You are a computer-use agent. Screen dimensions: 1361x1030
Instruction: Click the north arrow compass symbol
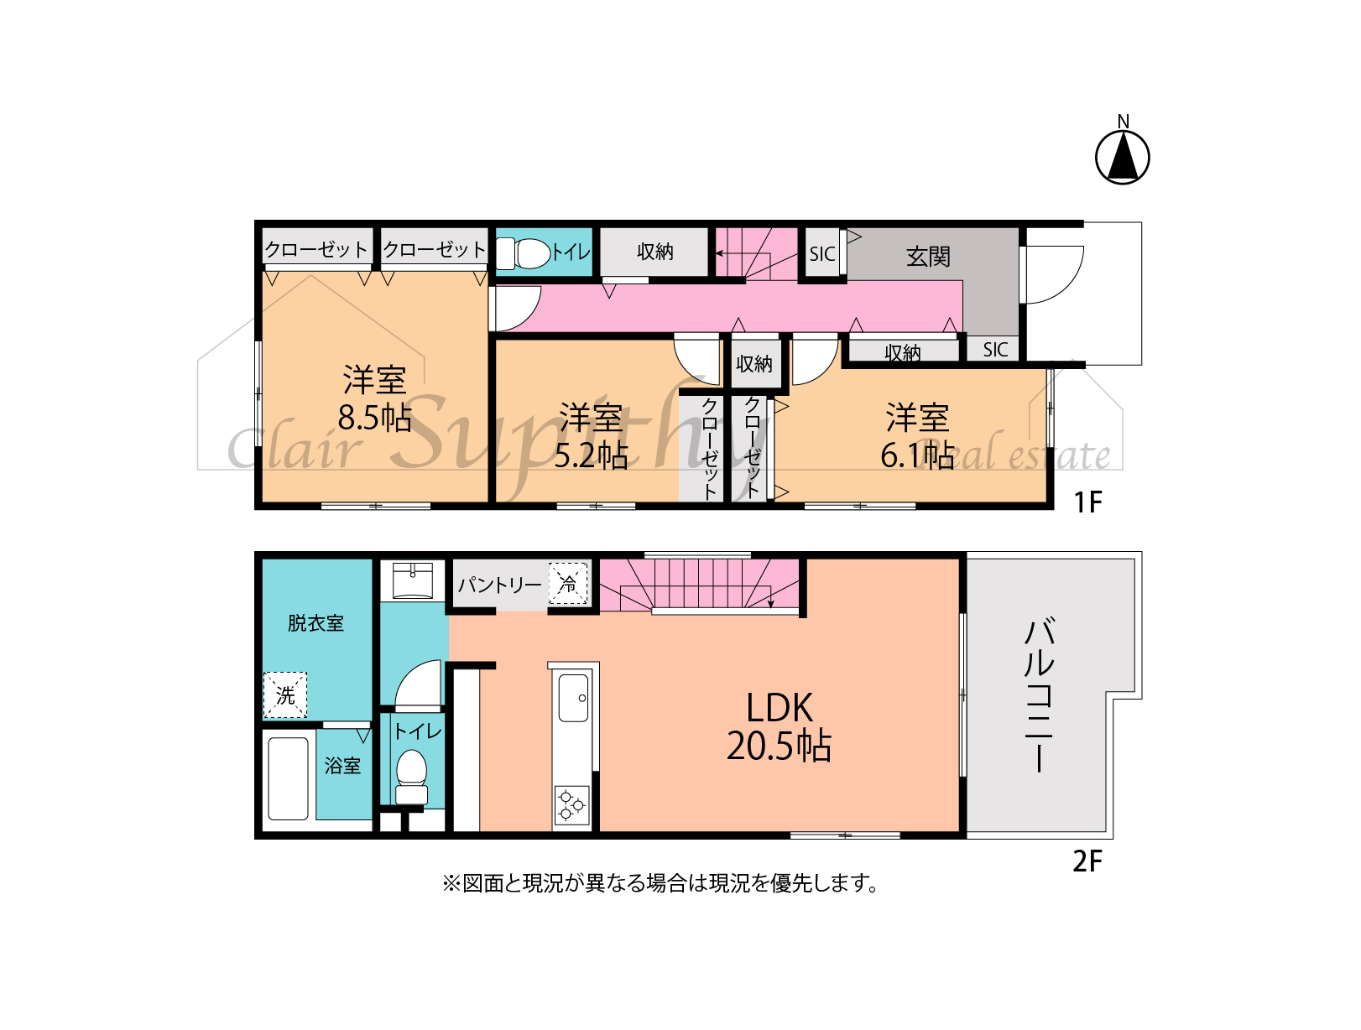[1122, 156]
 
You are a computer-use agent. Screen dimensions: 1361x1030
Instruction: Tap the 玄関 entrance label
[928, 256]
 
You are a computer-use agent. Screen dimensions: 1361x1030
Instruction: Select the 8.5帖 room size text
[374, 417]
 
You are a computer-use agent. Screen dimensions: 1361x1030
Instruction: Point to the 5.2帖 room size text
[590, 455]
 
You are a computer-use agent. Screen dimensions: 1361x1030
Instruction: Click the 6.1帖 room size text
[917, 455]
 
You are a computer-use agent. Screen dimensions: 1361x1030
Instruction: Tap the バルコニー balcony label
[1039, 695]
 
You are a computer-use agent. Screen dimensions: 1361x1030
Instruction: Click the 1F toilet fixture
[524, 253]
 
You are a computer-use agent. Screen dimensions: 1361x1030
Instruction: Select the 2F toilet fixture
[412, 778]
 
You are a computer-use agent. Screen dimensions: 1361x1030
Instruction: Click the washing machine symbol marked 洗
[285, 694]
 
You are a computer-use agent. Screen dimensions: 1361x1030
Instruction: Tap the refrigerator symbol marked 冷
[568, 583]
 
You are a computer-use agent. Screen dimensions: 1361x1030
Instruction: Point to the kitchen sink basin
[574, 698]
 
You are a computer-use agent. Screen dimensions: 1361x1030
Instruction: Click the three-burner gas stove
[571, 804]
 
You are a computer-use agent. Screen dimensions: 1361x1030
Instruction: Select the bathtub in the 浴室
[289, 779]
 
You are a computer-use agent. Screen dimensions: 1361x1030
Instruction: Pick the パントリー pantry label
[500, 585]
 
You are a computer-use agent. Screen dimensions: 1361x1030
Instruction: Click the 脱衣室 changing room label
[315, 623]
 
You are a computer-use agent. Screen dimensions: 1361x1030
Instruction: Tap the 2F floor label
[1087, 861]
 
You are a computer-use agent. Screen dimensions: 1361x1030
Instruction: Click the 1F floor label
[1087, 502]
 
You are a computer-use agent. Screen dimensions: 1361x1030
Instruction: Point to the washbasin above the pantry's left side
[412, 580]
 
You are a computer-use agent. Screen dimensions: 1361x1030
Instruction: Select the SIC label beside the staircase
[822, 254]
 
